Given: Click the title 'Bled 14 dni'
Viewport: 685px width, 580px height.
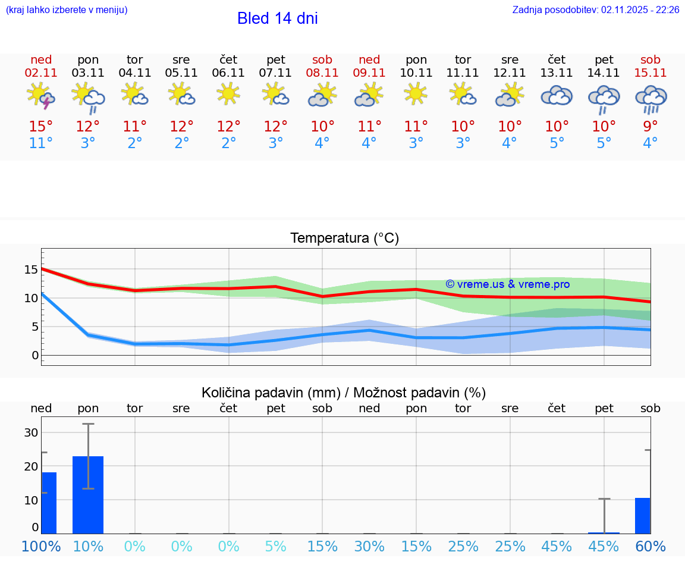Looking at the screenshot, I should click(277, 18).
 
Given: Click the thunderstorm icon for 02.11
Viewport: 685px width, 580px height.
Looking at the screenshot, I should click(41, 96).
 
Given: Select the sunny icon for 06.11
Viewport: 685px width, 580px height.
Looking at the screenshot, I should click(228, 94).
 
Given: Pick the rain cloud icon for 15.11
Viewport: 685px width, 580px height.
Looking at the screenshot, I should click(651, 98).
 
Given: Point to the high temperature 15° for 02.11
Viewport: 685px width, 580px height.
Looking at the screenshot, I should click(41, 127).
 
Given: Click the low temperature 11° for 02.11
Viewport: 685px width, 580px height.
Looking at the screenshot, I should click(41, 143).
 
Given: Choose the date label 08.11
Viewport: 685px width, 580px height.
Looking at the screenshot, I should click(322, 73).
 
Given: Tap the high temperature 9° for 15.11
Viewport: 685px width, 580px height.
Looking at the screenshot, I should click(651, 127).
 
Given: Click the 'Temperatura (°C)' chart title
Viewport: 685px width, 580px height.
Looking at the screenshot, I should click(344, 239).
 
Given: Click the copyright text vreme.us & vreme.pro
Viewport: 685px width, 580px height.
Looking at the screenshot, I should click(508, 284).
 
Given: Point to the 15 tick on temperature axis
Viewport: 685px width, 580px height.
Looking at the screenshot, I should click(31, 269).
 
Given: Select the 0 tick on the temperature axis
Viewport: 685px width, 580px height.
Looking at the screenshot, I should click(35, 356).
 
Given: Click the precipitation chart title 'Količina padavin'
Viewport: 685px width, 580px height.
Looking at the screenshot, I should click(344, 393).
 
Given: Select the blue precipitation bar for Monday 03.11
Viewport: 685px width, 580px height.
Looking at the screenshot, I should click(88, 495).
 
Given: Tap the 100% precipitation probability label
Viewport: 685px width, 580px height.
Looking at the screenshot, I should click(41, 547).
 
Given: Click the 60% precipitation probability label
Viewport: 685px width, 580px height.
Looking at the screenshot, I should click(651, 547).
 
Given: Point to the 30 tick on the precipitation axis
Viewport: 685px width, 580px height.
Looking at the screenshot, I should click(31, 432).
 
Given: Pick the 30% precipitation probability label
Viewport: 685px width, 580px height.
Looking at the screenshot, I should click(369, 547).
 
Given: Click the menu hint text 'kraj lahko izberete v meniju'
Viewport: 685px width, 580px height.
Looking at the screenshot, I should click(67, 10).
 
